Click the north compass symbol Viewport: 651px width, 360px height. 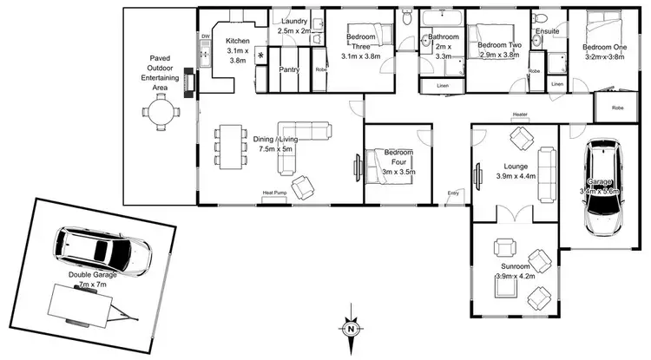[x=349, y=328]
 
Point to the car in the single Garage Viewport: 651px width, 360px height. [x=603, y=187]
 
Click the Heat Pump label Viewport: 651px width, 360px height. [x=275, y=193]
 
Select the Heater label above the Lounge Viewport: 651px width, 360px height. [x=521, y=115]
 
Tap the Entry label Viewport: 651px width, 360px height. [x=452, y=193]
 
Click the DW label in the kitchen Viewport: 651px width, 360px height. [x=206, y=36]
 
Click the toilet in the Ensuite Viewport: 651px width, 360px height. [x=541, y=18]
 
